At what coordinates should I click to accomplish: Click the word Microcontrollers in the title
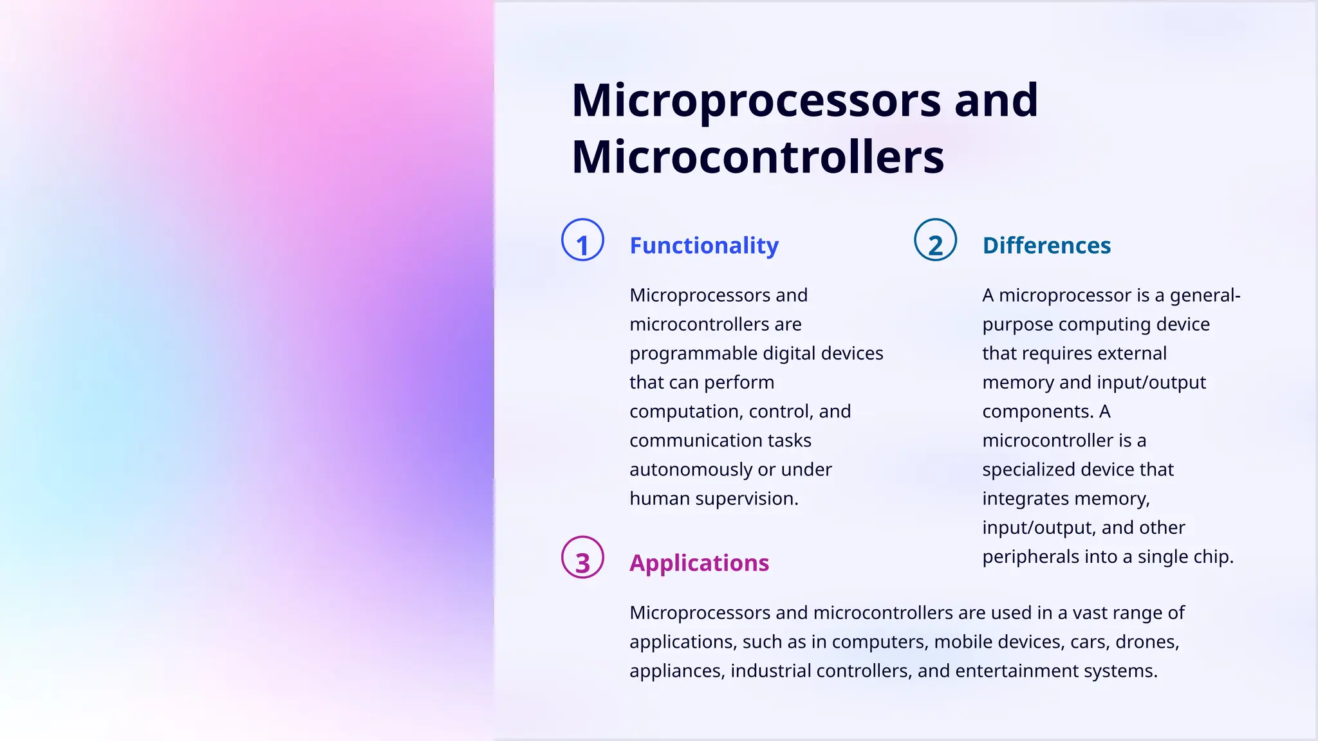click(757, 157)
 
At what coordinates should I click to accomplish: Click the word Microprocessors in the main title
click(756, 100)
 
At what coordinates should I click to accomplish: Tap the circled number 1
click(582, 240)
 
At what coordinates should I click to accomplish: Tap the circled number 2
click(935, 240)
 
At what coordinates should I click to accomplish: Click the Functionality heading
click(704, 246)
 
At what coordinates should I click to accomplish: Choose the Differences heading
click(1046, 246)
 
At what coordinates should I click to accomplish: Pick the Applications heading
click(699, 563)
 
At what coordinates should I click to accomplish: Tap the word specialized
click(1032, 470)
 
